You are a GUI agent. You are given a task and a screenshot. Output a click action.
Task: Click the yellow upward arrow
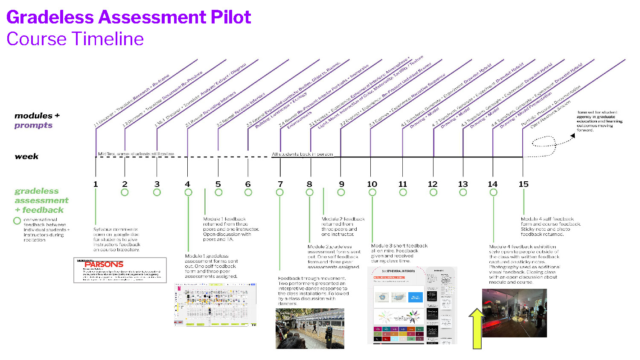pos(477,329)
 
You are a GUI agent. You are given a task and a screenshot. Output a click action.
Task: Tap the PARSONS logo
pos(104,264)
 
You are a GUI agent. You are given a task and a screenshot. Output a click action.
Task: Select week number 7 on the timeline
pos(280,184)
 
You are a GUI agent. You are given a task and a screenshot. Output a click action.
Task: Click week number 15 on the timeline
pos(524,184)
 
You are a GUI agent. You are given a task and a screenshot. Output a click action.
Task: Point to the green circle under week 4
pos(188,192)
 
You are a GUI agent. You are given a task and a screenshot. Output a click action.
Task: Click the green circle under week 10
pos(372,192)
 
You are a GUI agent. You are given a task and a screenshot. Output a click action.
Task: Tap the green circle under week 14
pos(494,192)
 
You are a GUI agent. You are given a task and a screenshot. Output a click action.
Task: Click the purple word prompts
pos(33,125)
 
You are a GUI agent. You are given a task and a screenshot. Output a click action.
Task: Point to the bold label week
pos(26,157)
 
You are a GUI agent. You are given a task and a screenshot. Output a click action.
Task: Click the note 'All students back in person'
pos(302,154)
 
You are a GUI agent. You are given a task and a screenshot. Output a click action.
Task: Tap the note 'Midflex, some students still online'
pos(136,154)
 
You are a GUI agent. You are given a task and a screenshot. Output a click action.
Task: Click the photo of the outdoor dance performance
pos(310,328)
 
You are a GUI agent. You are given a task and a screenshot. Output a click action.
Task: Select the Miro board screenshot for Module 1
pos(215,305)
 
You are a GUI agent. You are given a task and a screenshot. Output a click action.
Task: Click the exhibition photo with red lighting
pos(514,313)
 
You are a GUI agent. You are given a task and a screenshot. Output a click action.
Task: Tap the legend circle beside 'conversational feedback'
pos(17,221)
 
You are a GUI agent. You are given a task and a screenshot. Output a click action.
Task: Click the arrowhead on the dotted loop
pos(573,136)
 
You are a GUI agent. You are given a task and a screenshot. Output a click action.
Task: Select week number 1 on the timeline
pos(96,184)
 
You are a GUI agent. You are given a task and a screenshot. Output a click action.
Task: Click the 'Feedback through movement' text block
pos(313,291)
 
